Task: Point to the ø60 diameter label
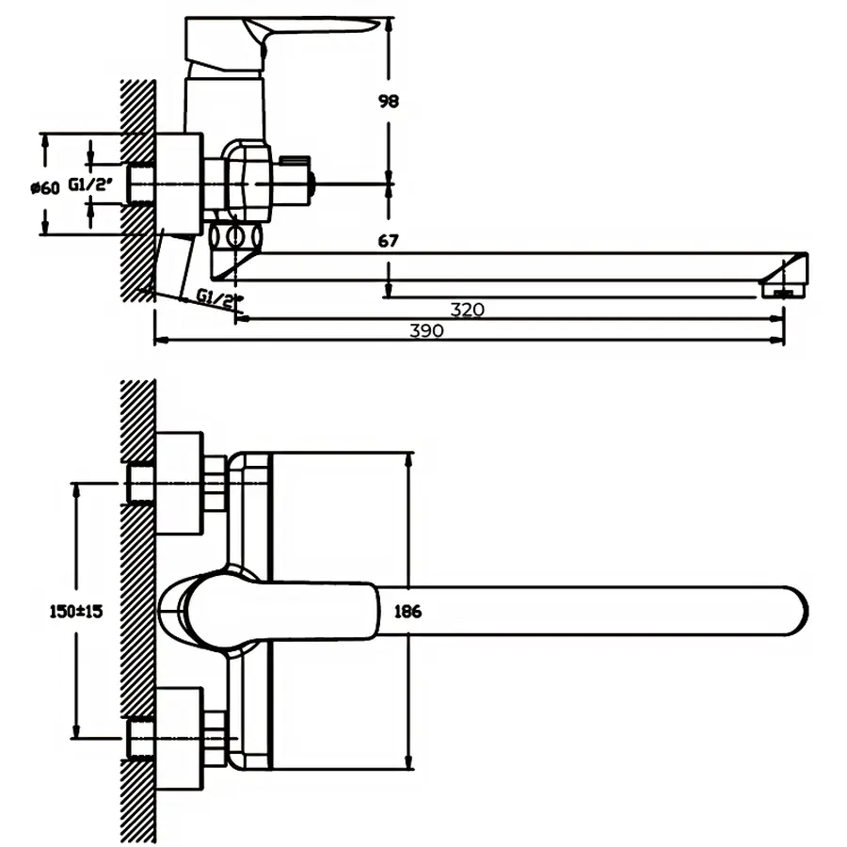(44, 187)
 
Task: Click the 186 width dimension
(408, 612)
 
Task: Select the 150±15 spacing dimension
(75, 611)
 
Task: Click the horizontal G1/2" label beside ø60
(90, 186)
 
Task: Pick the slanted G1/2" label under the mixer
(219, 298)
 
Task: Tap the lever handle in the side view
(282, 33)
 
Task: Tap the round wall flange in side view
(179, 183)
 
